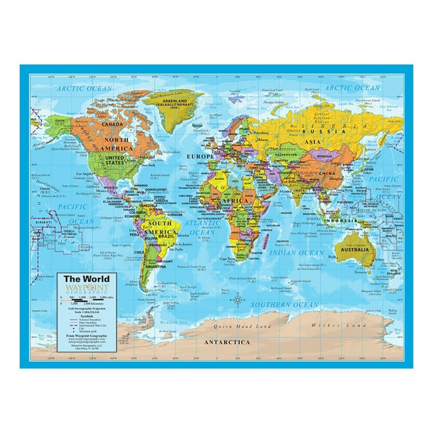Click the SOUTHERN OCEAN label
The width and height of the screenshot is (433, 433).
(284, 305)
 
